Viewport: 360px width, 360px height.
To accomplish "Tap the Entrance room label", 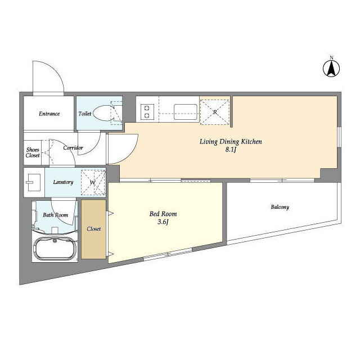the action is click(x=49, y=114).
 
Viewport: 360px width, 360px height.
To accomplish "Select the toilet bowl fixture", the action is click(x=102, y=113).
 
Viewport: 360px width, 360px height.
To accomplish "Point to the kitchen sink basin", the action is click(x=186, y=112).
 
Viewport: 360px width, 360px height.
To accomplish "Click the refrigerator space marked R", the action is click(x=215, y=112).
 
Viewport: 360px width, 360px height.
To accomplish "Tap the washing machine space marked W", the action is click(x=93, y=182).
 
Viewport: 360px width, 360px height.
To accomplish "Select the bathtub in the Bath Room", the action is click(x=55, y=249).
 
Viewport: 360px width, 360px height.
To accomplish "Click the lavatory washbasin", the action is click(x=34, y=182).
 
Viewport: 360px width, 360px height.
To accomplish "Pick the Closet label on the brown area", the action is click(x=94, y=229).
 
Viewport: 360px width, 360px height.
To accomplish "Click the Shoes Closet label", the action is click(x=33, y=152).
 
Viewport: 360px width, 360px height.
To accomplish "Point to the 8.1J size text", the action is click(x=231, y=150).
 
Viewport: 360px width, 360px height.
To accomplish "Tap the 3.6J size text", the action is click(x=163, y=222).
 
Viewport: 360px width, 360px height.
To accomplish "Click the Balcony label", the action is click(x=280, y=207).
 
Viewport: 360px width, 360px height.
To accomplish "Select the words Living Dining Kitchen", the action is click(x=231, y=142).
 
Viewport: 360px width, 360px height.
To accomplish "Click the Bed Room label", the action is click(x=163, y=214).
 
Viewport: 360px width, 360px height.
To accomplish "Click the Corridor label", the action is click(x=73, y=147).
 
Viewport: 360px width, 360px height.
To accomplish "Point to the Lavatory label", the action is click(x=63, y=182).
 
